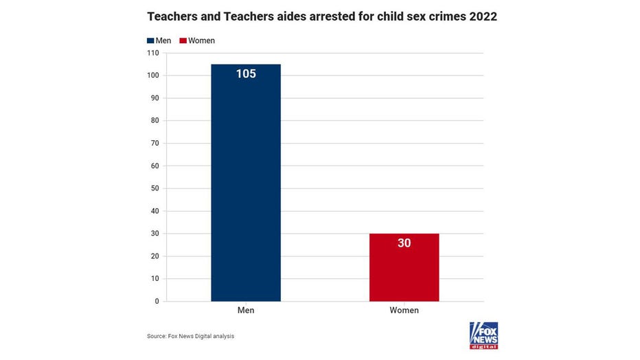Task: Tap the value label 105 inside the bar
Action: (246, 74)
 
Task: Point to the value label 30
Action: (404, 243)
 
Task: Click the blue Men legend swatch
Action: (150, 41)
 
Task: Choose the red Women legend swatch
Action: (183, 41)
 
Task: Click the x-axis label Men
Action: (246, 311)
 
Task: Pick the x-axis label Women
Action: (404, 311)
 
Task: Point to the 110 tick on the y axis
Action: (152, 53)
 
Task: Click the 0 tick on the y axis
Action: (156, 301)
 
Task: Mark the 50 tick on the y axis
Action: (155, 188)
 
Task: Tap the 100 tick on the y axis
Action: (152, 76)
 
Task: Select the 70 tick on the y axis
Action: (155, 143)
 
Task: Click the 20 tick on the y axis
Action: (155, 256)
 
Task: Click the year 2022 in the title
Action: (483, 16)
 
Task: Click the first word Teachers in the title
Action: (171, 16)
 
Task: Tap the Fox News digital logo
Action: (483, 335)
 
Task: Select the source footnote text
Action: (190, 336)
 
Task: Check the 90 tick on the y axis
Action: (155, 98)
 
